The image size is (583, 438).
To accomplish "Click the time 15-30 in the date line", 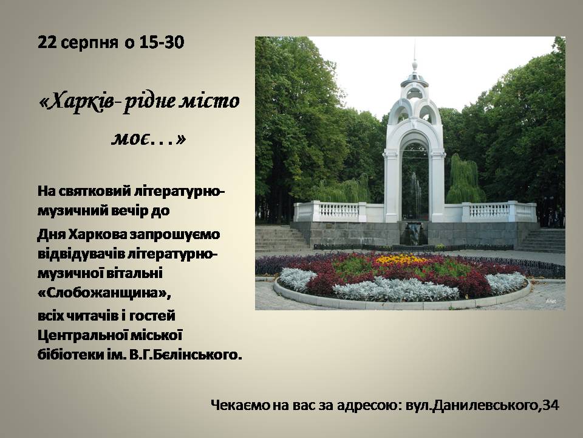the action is [x=162, y=43].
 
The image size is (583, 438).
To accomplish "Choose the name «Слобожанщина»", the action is [x=104, y=293].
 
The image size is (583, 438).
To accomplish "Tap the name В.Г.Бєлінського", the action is [x=186, y=355].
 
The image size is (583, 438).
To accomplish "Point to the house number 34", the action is [x=551, y=405].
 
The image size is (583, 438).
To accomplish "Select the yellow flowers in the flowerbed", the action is [x=400, y=259].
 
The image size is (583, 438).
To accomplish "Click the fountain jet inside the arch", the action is [x=415, y=193].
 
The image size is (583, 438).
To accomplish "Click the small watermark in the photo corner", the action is [x=551, y=301].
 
